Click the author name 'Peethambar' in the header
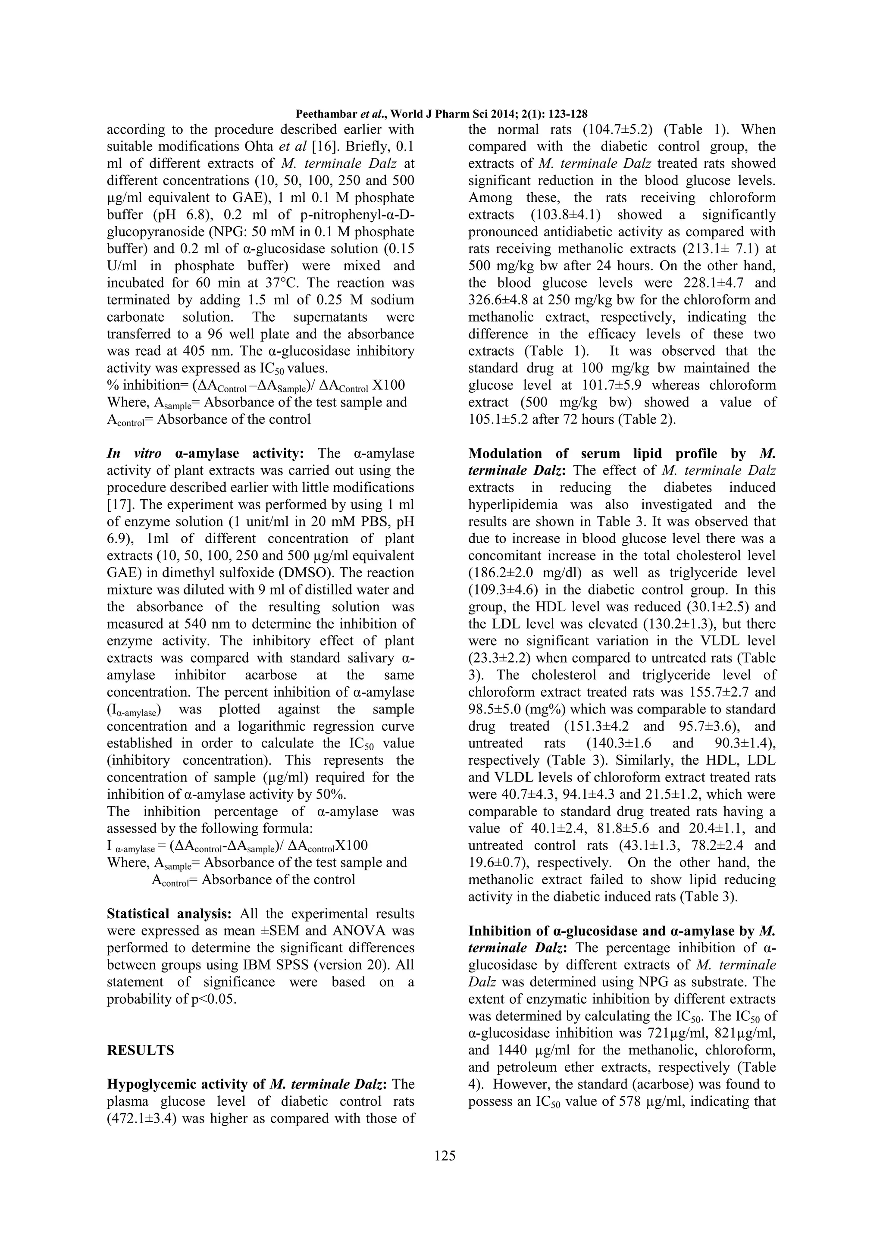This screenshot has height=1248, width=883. [327, 114]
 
